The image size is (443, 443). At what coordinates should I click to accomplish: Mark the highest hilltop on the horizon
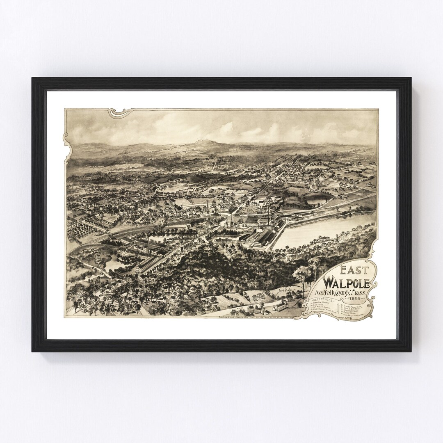pyautogui.click(x=201, y=142)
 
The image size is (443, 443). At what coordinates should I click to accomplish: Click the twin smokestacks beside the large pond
pyautogui.click(x=271, y=213)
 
